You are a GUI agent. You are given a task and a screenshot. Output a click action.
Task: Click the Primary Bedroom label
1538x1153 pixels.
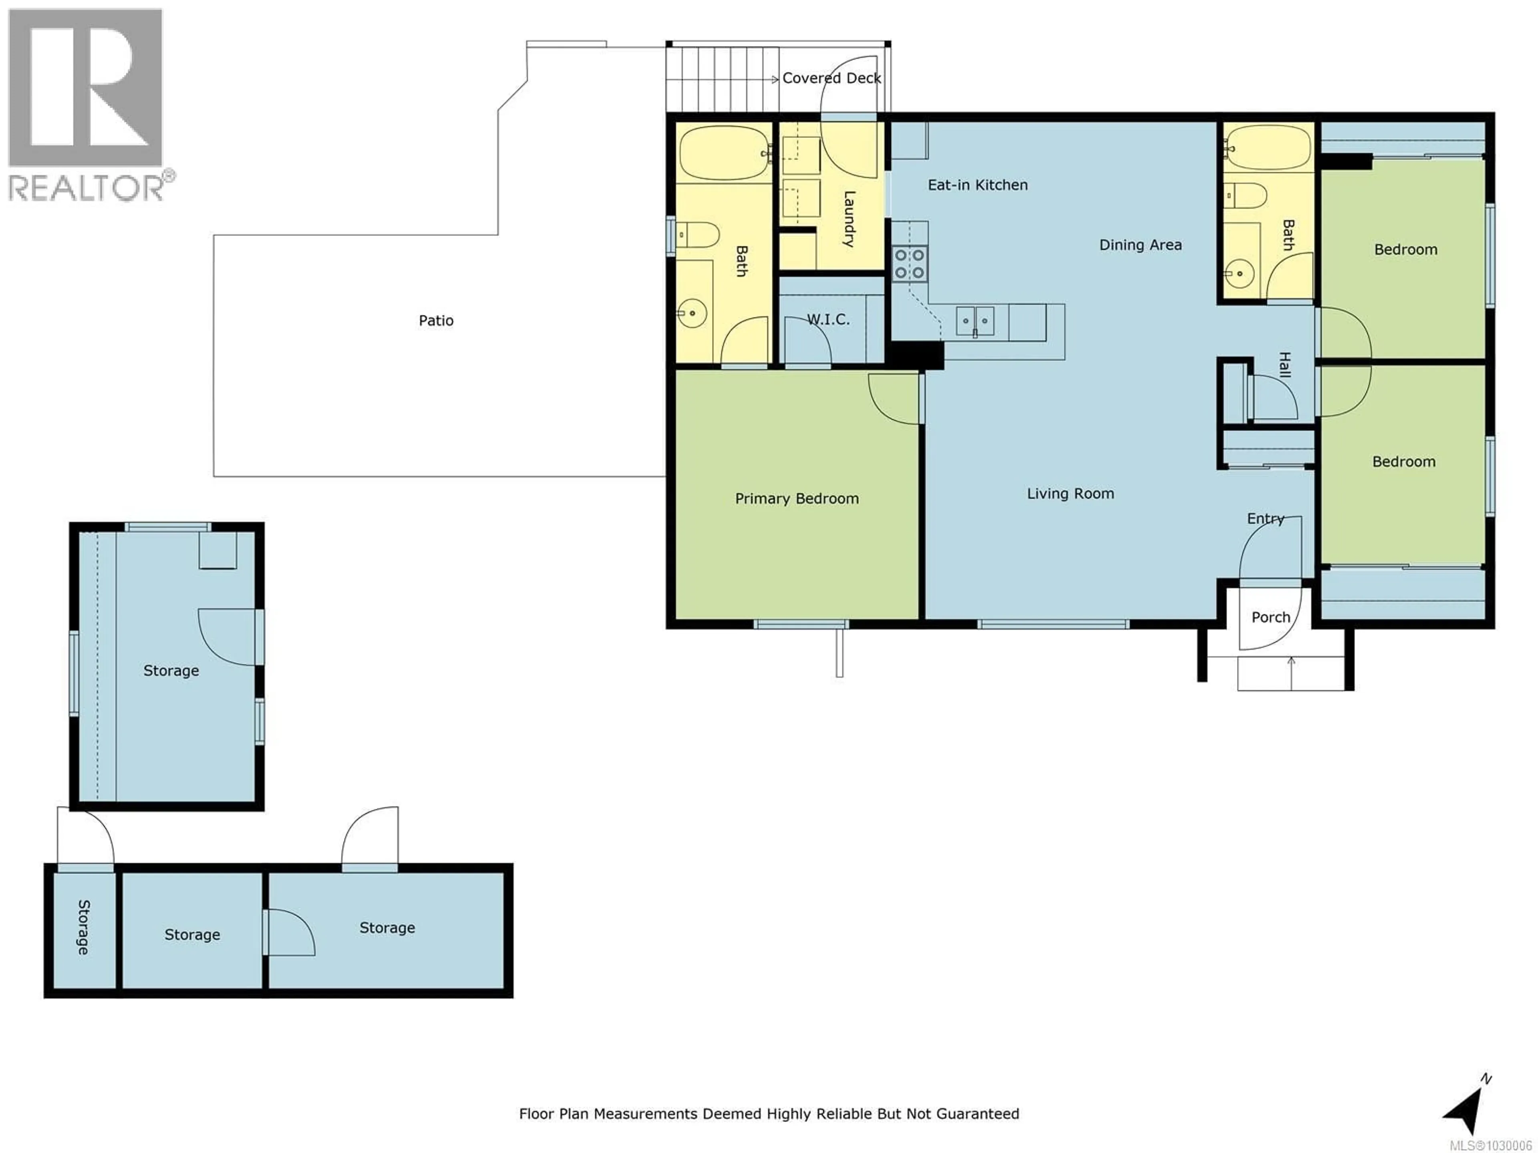(x=797, y=498)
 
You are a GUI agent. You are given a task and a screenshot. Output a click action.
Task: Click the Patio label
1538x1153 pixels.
(x=436, y=320)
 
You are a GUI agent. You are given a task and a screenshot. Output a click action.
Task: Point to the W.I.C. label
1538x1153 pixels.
(x=828, y=319)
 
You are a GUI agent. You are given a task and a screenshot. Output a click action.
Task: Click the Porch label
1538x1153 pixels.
(x=1270, y=617)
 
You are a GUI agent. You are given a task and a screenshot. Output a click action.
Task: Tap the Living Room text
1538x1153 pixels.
(x=1070, y=494)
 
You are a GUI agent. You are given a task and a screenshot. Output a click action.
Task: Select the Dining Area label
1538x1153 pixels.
(x=1140, y=245)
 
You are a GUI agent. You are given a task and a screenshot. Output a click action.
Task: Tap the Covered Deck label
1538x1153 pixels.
(x=831, y=78)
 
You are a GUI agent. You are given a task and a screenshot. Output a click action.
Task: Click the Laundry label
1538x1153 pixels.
(x=849, y=219)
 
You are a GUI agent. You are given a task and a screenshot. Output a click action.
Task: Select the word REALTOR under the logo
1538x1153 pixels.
(x=86, y=188)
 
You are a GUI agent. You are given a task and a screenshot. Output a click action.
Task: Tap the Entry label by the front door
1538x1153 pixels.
(x=1265, y=518)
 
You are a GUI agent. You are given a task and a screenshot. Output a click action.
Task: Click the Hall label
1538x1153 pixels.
(x=1285, y=365)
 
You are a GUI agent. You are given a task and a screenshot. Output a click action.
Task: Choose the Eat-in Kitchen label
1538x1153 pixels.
(x=978, y=185)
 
